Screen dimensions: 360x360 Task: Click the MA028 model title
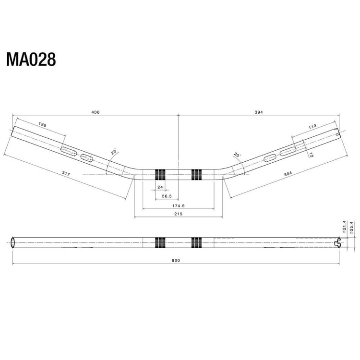[x=31, y=60]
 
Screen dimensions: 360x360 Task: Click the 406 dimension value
[x=95, y=112]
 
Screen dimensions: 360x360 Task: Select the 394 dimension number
[x=259, y=112]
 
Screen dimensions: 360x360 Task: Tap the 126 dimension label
[x=42, y=125]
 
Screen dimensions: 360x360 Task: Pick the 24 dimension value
[x=160, y=187]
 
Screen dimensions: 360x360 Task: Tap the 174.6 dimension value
[x=179, y=205]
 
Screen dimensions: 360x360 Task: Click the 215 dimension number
[x=178, y=215]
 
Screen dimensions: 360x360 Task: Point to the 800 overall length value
[x=176, y=261]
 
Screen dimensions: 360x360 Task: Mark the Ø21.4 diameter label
[x=345, y=228]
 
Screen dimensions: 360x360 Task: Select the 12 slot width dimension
[x=311, y=155]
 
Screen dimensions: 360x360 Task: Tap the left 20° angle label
[x=114, y=152]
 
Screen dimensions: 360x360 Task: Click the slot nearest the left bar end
[x=69, y=151]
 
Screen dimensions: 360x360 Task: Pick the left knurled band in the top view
[x=160, y=174]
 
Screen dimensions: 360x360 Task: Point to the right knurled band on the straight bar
[x=197, y=242]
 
